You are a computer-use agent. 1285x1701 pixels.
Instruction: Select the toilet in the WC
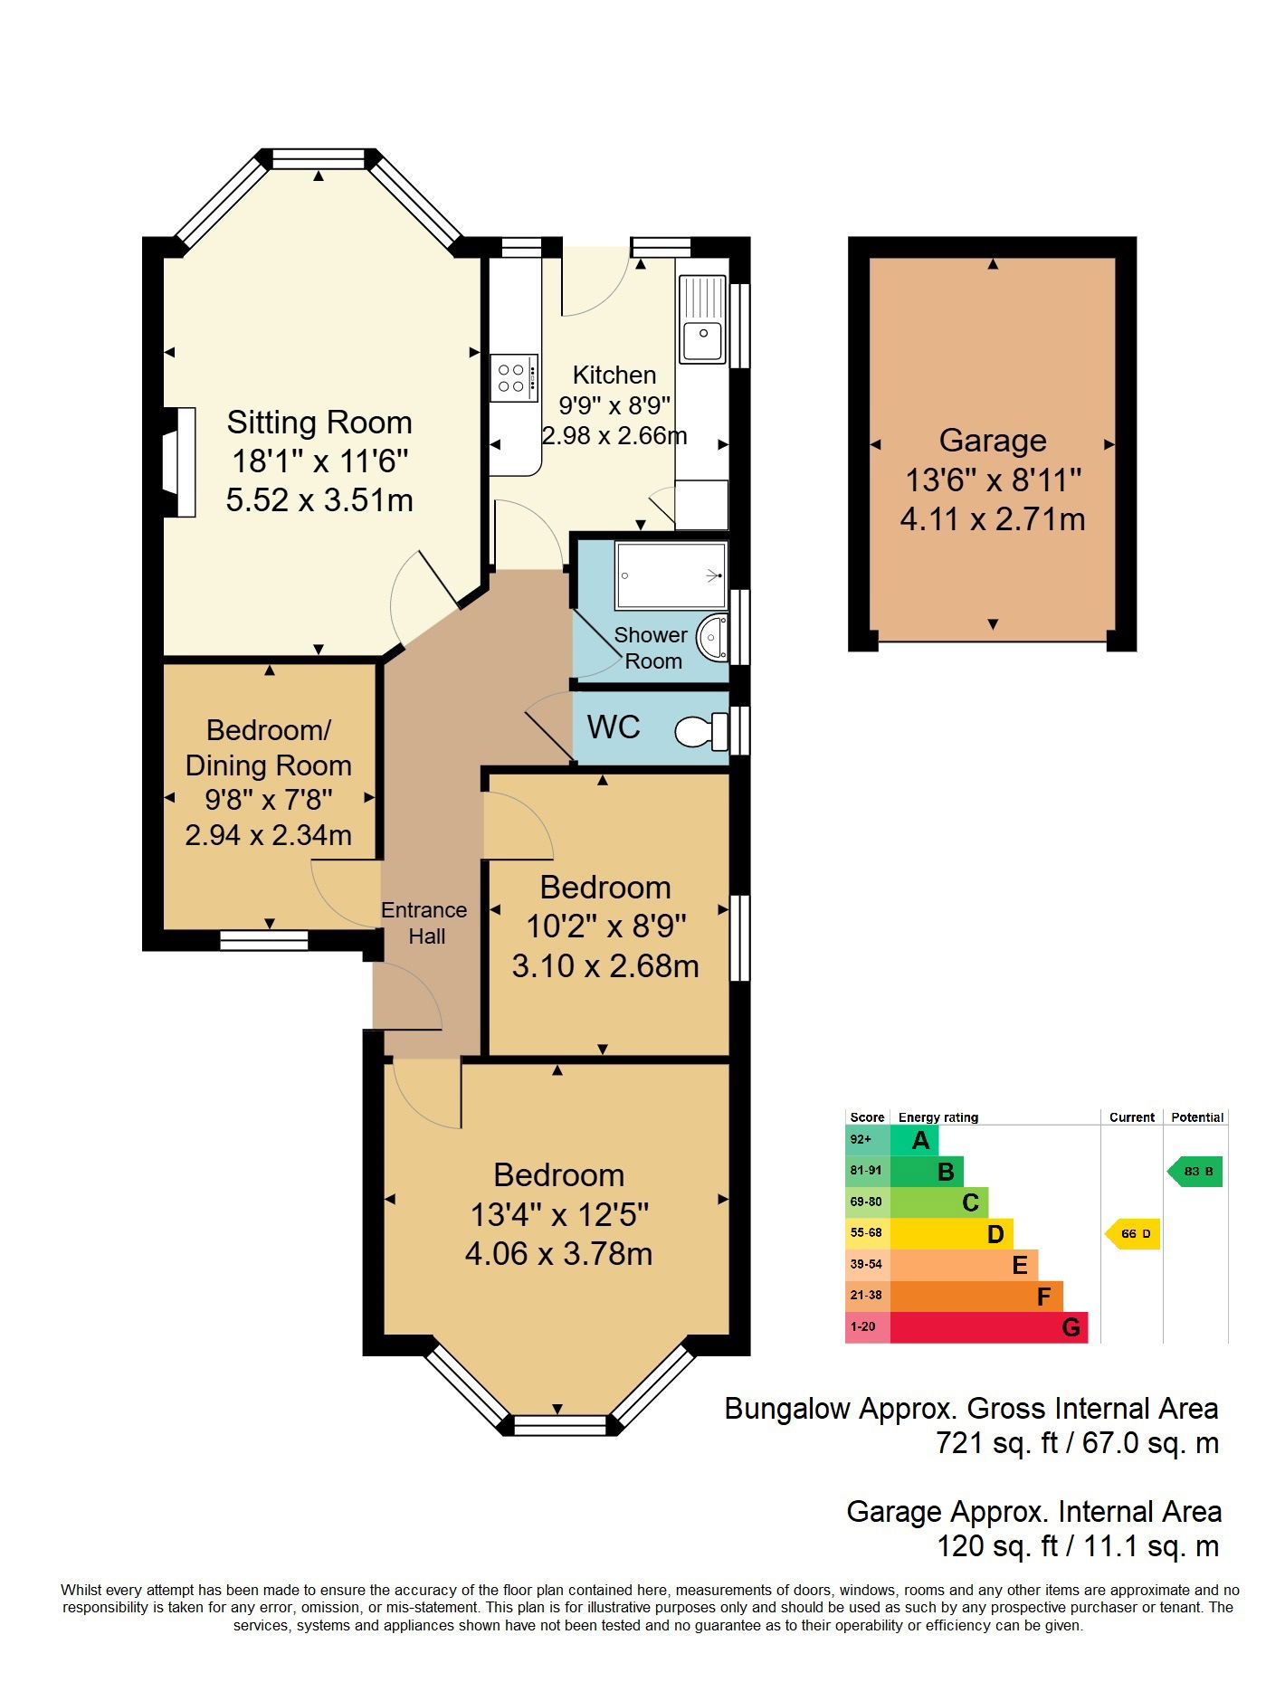click(x=701, y=731)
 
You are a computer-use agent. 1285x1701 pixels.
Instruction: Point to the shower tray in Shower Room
click(x=671, y=575)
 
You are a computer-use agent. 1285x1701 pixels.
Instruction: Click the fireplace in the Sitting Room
click(x=180, y=462)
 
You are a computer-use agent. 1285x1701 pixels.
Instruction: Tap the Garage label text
click(x=993, y=441)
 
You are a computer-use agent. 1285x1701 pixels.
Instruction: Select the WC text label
click(x=614, y=727)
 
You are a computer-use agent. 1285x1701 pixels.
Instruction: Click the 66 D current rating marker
click(x=1134, y=1233)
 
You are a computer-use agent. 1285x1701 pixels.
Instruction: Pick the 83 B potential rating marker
click(x=1196, y=1172)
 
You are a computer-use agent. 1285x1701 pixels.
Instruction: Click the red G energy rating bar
click(x=988, y=1327)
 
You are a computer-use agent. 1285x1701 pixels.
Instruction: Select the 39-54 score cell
click(x=867, y=1264)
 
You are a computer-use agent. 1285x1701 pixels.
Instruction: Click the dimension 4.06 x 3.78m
click(x=558, y=1254)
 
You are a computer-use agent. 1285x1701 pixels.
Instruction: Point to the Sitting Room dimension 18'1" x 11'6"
click(x=319, y=461)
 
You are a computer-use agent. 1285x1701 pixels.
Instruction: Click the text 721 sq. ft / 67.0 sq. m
click(x=1077, y=1443)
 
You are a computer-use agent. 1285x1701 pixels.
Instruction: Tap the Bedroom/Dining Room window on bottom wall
click(x=264, y=942)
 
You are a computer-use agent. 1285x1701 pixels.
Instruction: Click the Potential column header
click(x=1196, y=1117)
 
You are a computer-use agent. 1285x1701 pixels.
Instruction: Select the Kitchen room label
click(x=614, y=375)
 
